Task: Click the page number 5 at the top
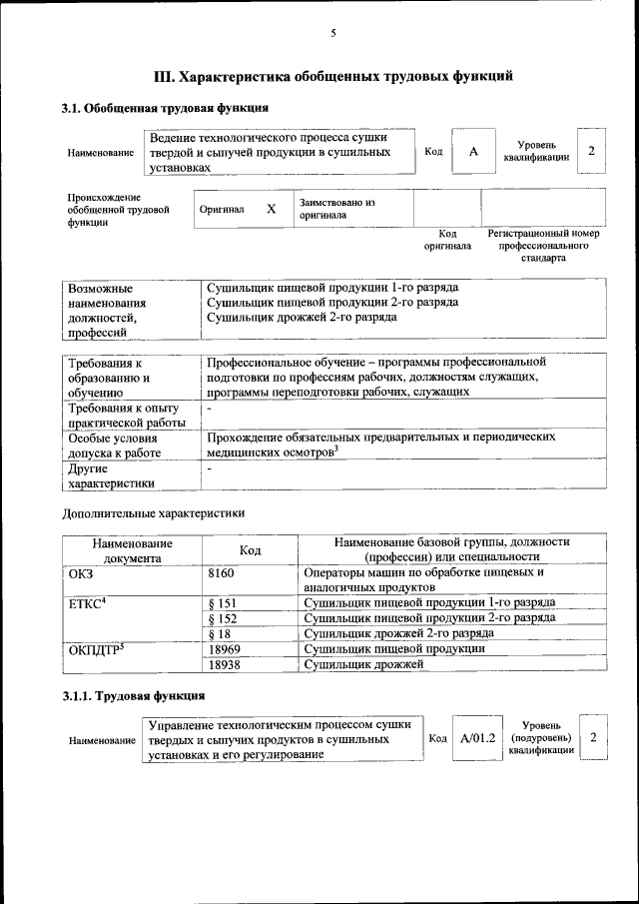pos(333,34)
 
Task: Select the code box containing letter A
pos(473,152)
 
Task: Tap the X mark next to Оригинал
pos(271,209)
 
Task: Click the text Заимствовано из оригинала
pos(336,208)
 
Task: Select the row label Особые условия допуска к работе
pos(111,446)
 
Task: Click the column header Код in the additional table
pos(251,549)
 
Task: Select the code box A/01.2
pos(478,737)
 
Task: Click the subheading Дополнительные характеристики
pos(153,512)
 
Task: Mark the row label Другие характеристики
pos(111,476)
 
